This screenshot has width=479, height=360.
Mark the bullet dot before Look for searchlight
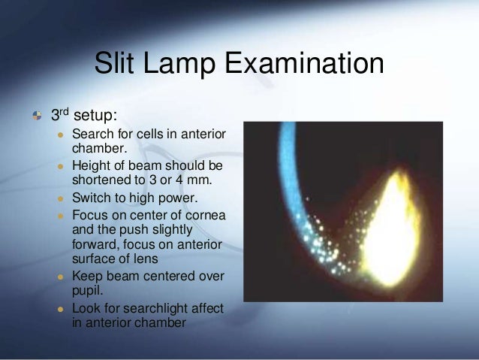pos(60,310)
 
